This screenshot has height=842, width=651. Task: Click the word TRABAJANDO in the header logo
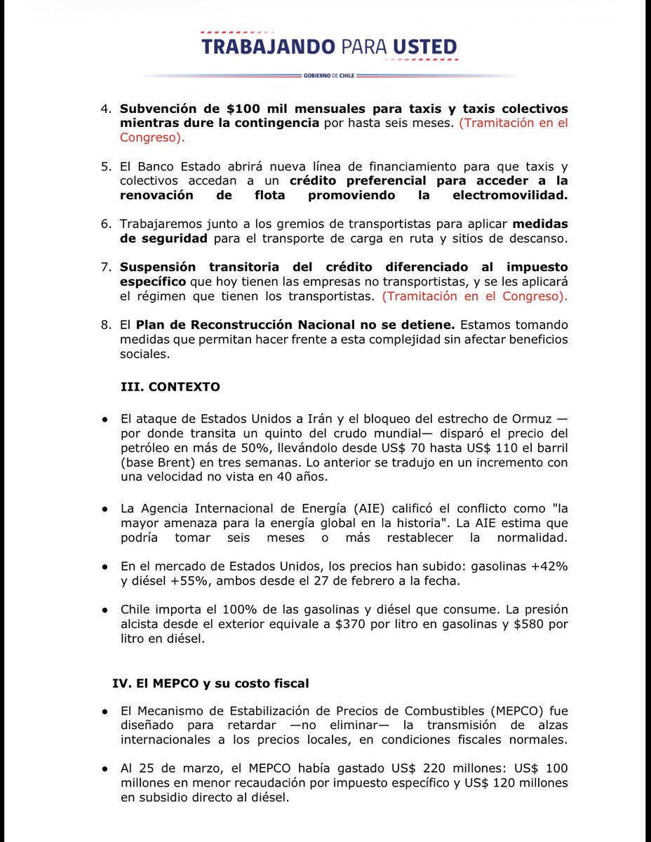266,46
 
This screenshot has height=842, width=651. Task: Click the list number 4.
107,109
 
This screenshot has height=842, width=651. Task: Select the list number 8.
107,326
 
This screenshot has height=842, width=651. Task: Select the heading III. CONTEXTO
170,387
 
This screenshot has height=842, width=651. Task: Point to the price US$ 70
398,449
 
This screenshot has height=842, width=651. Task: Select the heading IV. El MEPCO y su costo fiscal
210,683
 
